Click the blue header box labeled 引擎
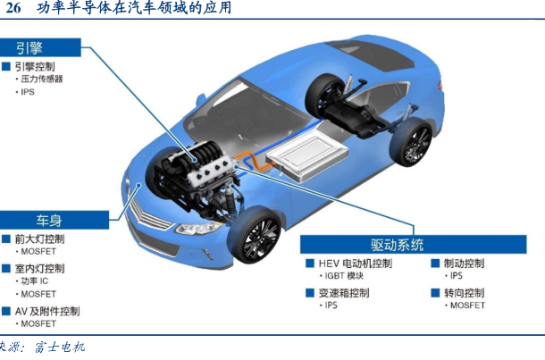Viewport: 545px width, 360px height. [40, 47]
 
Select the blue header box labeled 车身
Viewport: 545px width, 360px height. [54, 220]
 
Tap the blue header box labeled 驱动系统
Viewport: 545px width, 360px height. [414, 244]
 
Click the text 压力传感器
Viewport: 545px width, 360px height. [42, 80]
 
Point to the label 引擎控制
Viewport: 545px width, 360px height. [35, 66]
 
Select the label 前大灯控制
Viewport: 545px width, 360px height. [39, 239]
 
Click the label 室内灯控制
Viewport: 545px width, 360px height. [39, 268]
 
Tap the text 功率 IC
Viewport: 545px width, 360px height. [35, 281]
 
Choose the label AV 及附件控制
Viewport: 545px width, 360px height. [47, 311]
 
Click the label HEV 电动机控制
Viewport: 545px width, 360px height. [356, 264]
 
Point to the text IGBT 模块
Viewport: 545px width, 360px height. [344, 276]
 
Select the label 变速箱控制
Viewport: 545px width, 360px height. [344, 293]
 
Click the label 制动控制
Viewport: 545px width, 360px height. [464, 264]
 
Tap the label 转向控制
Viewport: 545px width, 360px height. [464, 293]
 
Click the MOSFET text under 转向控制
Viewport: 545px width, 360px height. [467, 306]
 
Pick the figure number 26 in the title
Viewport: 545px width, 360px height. [13, 8]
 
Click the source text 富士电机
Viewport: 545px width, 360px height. [60, 347]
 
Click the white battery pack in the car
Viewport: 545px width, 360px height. [307, 156]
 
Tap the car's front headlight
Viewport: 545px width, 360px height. [197, 228]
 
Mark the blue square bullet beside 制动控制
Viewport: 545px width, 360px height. [435, 264]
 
